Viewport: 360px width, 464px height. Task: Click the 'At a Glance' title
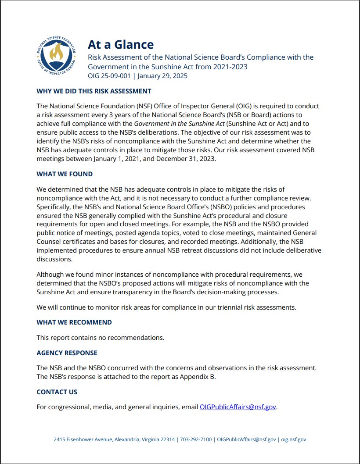tap(121, 44)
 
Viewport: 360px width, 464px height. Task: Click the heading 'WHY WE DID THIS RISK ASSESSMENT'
tap(94, 91)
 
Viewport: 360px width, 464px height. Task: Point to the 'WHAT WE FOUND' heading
tap(65, 174)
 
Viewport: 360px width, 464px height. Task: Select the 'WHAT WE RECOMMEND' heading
tap(74, 322)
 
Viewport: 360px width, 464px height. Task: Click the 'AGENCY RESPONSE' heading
tap(67, 353)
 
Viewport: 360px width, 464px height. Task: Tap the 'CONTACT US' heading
tap(57, 392)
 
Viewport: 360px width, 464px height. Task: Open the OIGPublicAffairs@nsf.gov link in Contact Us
tap(238, 407)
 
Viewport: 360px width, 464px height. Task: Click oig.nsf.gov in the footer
tap(294, 439)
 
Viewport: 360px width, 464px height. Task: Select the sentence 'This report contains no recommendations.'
tap(101, 338)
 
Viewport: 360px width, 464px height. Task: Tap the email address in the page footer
tap(247, 439)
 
